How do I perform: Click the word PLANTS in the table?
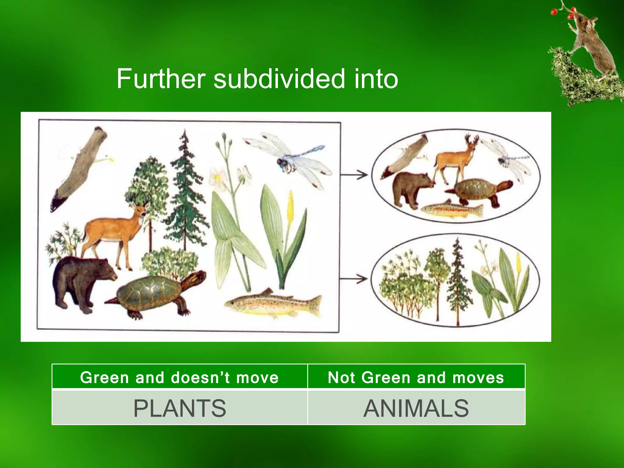click(x=180, y=408)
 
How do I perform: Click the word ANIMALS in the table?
click(x=416, y=408)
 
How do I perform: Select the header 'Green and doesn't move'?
click(x=179, y=377)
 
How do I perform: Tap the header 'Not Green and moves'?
click(x=416, y=377)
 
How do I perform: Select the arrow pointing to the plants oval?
click(x=353, y=278)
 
